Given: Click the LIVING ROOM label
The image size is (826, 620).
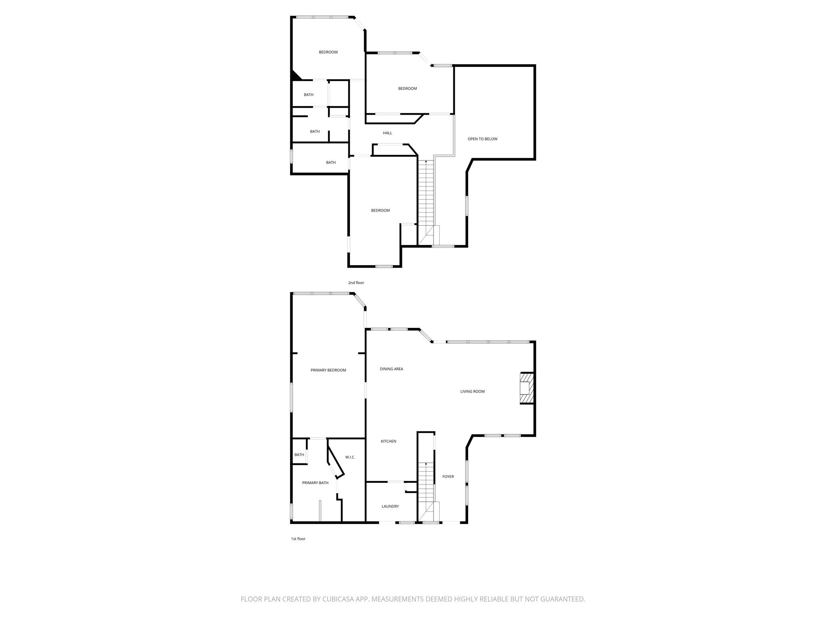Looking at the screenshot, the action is pyautogui.click(x=472, y=392).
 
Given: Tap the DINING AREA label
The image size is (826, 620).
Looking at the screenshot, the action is pyautogui.click(x=391, y=369).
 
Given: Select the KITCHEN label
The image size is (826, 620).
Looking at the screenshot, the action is pyautogui.click(x=388, y=442).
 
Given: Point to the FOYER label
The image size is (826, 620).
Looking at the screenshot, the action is pyautogui.click(x=448, y=477).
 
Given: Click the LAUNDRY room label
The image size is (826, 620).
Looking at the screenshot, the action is pyautogui.click(x=390, y=507).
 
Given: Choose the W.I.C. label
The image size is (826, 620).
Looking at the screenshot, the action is pyautogui.click(x=350, y=457).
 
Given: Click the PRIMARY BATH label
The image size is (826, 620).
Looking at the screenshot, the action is pyautogui.click(x=315, y=483).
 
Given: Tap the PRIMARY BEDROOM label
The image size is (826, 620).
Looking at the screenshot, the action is pyautogui.click(x=328, y=370).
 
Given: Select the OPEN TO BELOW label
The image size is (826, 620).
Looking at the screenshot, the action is pyautogui.click(x=482, y=139).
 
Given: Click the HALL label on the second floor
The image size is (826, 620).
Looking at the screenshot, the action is pyautogui.click(x=387, y=133).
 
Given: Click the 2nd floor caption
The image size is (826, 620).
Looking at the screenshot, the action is pyautogui.click(x=356, y=283).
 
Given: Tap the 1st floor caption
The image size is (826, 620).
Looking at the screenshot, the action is pyautogui.click(x=298, y=539).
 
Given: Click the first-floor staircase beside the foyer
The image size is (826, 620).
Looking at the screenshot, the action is pyautogui.click(x=426, y=492).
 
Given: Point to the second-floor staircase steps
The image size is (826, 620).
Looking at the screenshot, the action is pyautogui.click(x=426, y=202).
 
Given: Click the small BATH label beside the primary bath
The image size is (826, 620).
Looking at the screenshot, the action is pyautogui.click(x=299, y=455).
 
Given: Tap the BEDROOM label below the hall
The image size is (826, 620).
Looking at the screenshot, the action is pyautogui.click(x=380, y=210).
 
